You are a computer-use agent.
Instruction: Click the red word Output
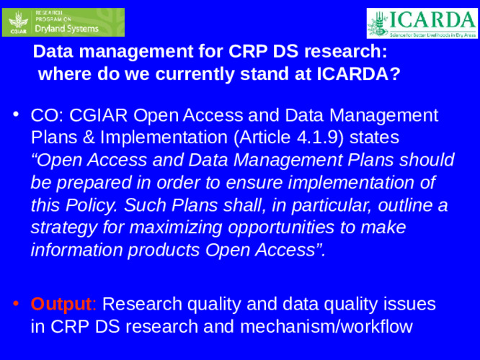(62, 303)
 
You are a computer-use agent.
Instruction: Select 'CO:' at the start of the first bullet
(46, 114)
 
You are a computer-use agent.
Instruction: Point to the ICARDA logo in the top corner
(421, 23)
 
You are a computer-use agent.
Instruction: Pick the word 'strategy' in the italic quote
(60, 228)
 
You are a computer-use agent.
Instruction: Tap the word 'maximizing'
(169, 228)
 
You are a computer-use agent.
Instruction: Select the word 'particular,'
(311, 205)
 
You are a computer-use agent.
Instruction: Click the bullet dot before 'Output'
(16, 303)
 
